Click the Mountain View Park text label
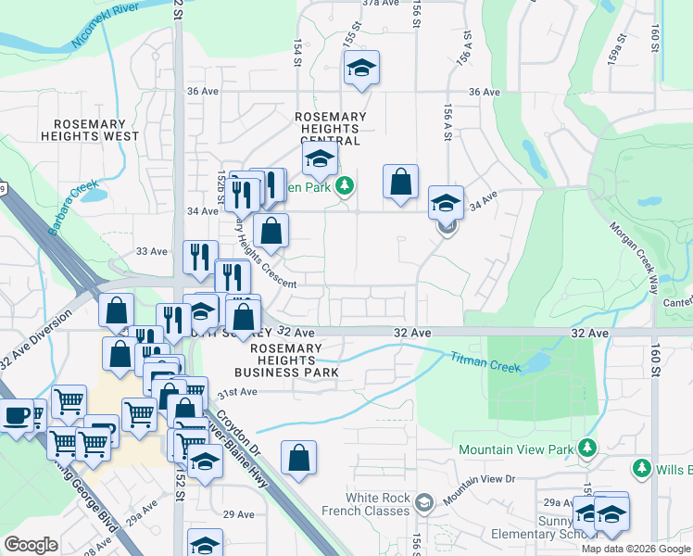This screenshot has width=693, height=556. point(516,449)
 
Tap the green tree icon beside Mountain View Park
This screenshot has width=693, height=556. point(586,449)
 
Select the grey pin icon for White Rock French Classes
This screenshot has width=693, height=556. point(424,503)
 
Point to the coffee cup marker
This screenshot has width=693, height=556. point(17,414)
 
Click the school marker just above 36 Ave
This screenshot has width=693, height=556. point(361,68)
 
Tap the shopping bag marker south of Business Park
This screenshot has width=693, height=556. point(298,457)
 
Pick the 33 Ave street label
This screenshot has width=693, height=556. point(151,251)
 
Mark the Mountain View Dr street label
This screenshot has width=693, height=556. point(478,478)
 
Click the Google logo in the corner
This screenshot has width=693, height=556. point(31,545)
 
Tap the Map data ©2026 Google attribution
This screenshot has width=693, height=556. point(635,549)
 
